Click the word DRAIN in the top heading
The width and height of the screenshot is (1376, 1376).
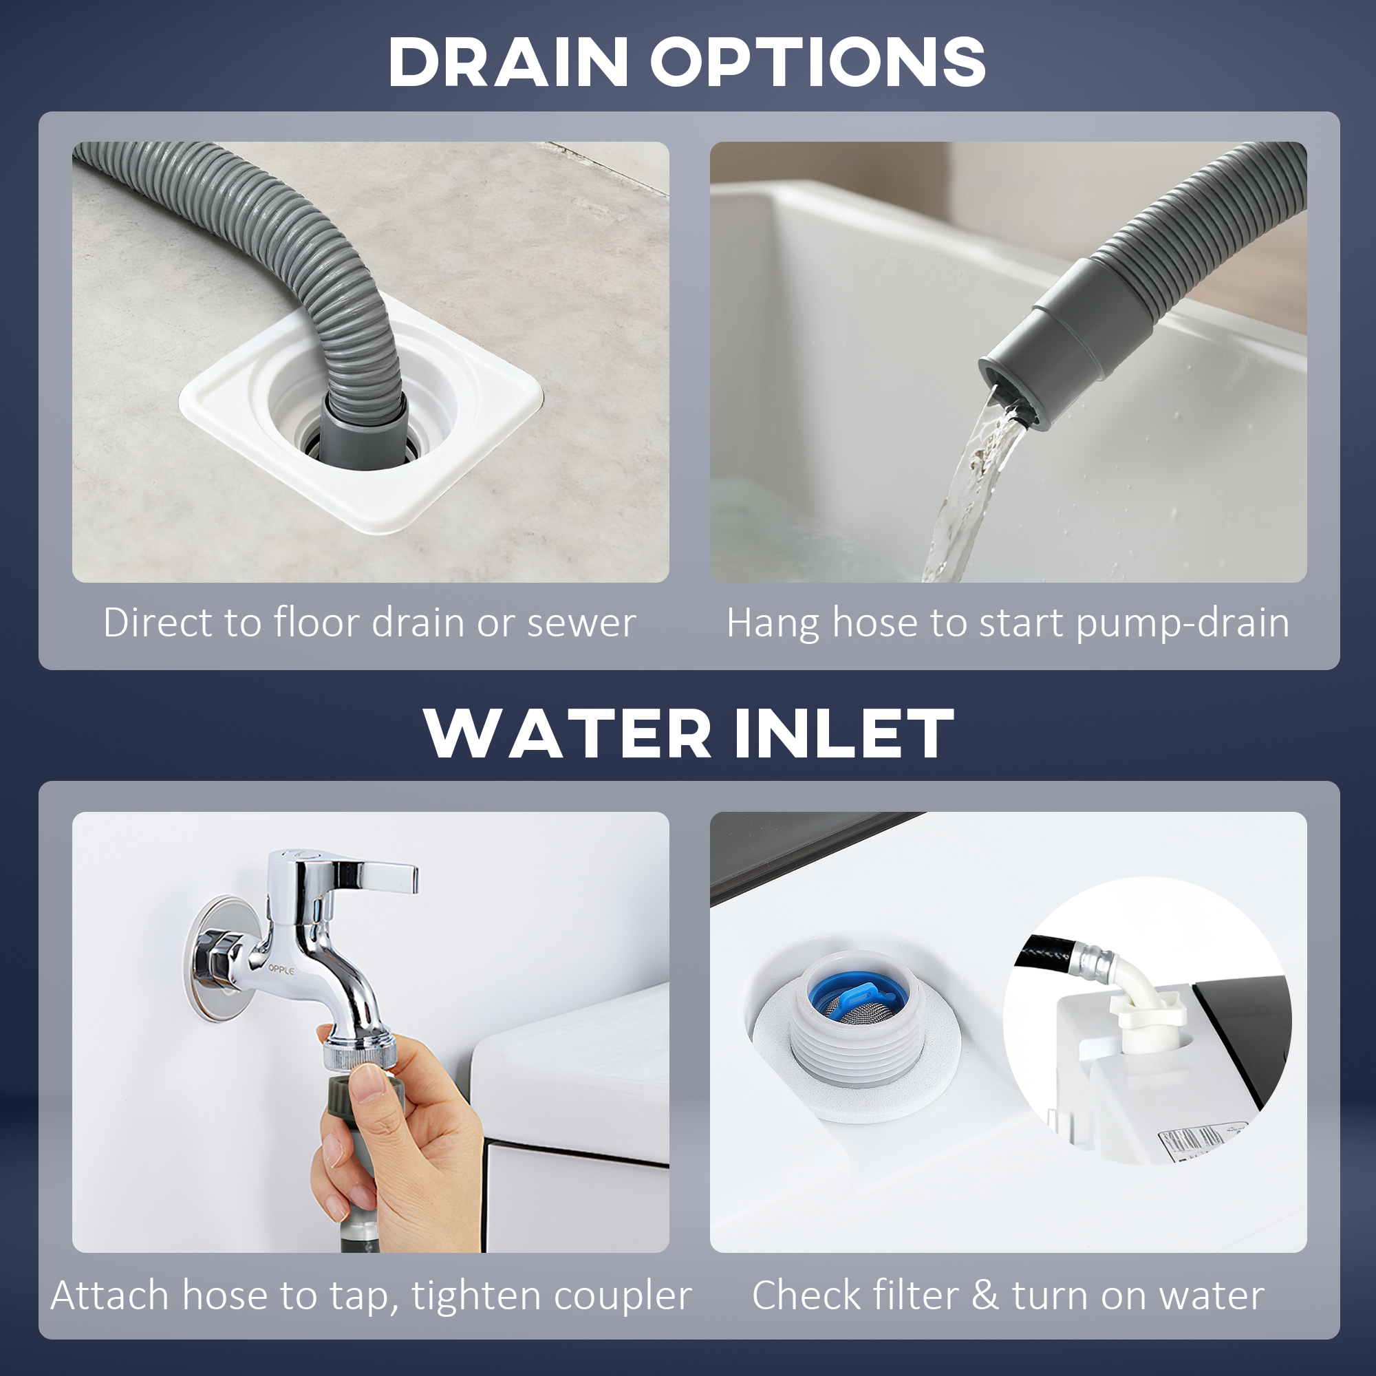pyautogui.click(x=508, y=63)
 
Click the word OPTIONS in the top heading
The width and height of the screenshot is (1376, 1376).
pyautogui.click(x=817, y=63)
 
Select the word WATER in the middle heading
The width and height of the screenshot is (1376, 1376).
pyautogui.click(x=567, y=734)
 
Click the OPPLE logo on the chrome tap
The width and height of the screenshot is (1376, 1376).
pyautogui.click(x=281, y=969)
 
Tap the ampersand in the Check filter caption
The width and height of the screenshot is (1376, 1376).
pyautogui.click(x=985, y=1296)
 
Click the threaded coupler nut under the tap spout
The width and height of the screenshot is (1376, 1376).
pyautogui.click(x=356, y=1055)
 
